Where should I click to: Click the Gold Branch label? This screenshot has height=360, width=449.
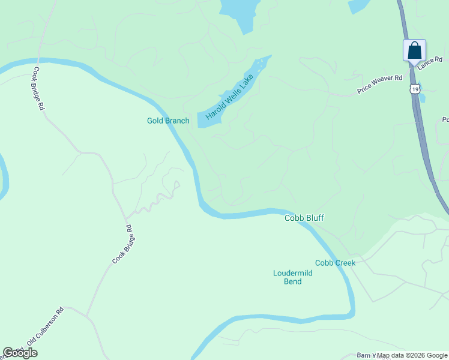[168, 121]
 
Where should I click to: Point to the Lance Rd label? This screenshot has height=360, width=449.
[430, 62]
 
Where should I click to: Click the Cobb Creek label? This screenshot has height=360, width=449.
[335, 263]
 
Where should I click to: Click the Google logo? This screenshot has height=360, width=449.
[20, 353]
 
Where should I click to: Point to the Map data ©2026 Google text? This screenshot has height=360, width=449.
[412, 355]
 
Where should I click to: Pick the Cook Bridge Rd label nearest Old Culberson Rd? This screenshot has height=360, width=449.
[122, 245]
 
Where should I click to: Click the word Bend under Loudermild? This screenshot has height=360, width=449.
[292, 281]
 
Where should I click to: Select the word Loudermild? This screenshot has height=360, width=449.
[293, 273]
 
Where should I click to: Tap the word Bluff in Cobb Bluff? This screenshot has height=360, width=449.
[313, 218]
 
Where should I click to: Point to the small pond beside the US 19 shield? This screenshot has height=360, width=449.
[423, 97]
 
